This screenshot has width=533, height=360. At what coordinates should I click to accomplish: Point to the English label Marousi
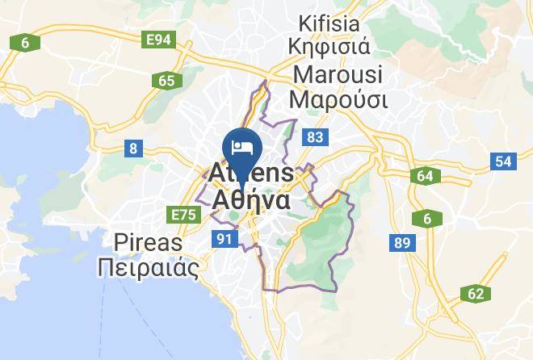(339, 74)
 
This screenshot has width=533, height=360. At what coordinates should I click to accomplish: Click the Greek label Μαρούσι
(339, 100)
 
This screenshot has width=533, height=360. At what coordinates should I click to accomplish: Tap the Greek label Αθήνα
(250, 199)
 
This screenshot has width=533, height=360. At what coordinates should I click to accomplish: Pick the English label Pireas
(148, 242)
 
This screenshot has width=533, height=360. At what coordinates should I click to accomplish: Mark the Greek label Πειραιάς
(148, 267)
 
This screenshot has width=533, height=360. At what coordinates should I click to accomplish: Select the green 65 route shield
(167, 80)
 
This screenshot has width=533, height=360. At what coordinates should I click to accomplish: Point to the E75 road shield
(182, 214)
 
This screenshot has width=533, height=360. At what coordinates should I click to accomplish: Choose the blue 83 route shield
(315, 138)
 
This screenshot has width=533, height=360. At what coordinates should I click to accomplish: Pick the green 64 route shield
(425, 176)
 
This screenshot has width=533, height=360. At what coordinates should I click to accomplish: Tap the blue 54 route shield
(504, 161)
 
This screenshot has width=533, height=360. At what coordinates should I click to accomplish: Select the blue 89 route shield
(400, 242)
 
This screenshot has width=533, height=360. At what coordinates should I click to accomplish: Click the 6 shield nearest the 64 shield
(426, 218)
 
